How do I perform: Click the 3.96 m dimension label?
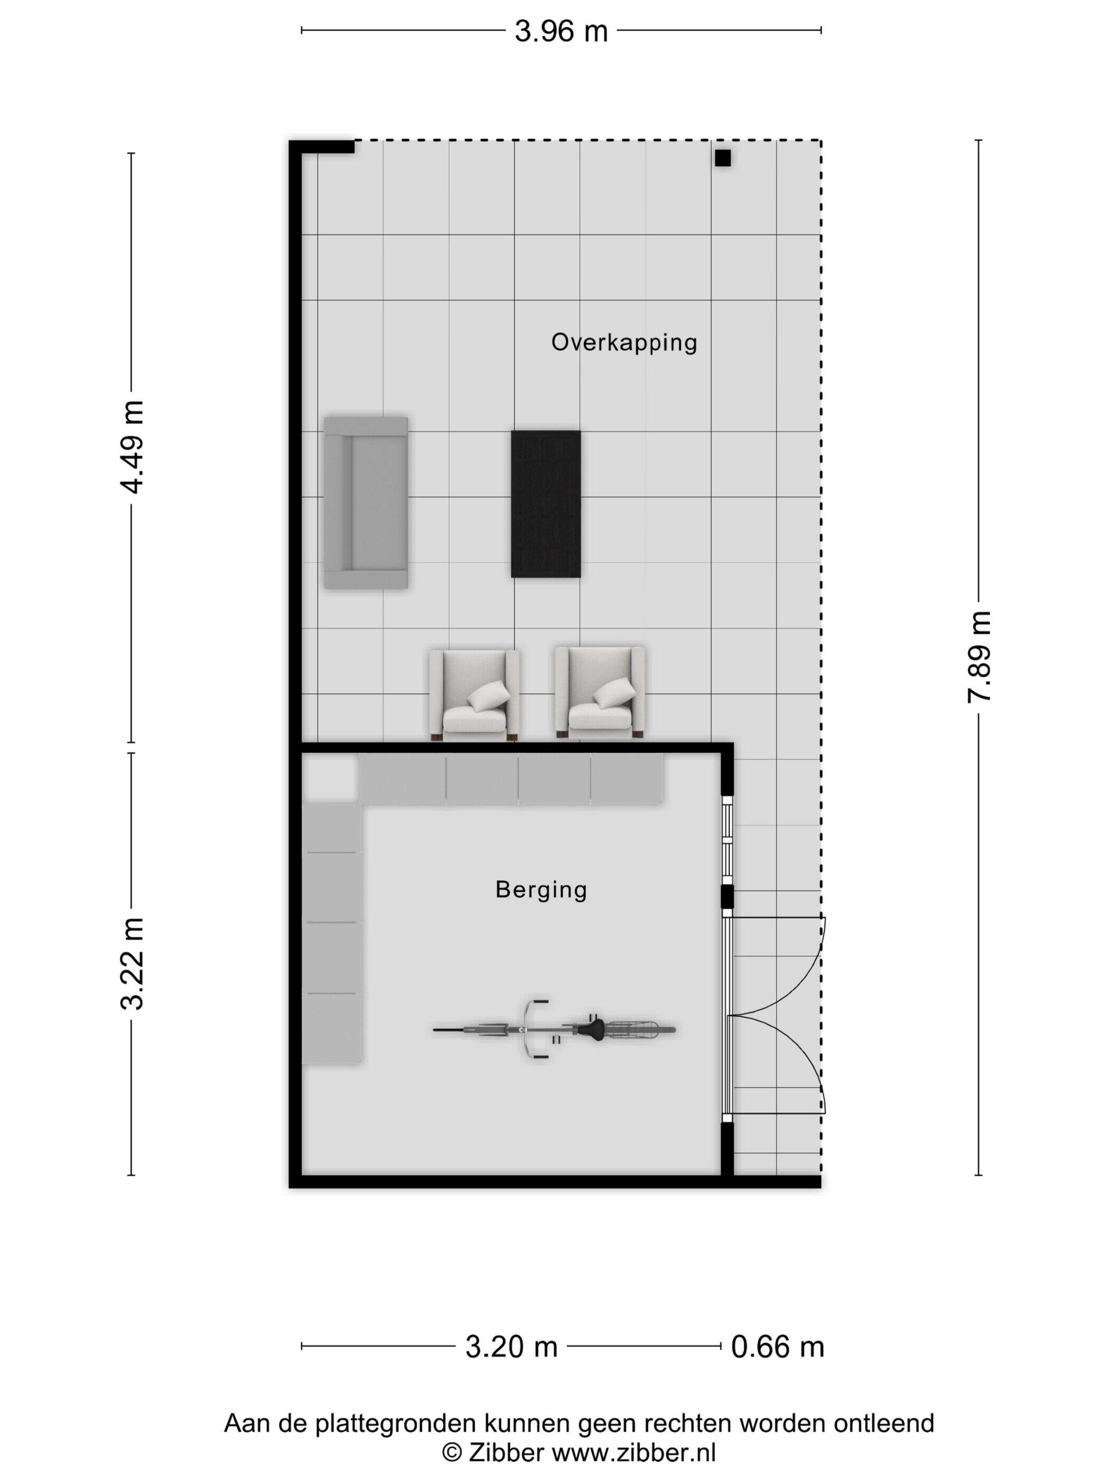point(561,31)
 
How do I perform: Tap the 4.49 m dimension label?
point(132,446)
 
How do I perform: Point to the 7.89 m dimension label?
point(978,657)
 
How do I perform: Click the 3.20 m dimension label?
point(511,1347)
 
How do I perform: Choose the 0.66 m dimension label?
point(778,1347)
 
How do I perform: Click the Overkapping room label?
point(624,342)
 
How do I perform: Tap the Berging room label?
point(541,890)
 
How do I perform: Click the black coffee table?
point(546,504)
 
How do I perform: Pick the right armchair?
point(600,692)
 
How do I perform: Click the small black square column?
point(723,158)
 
